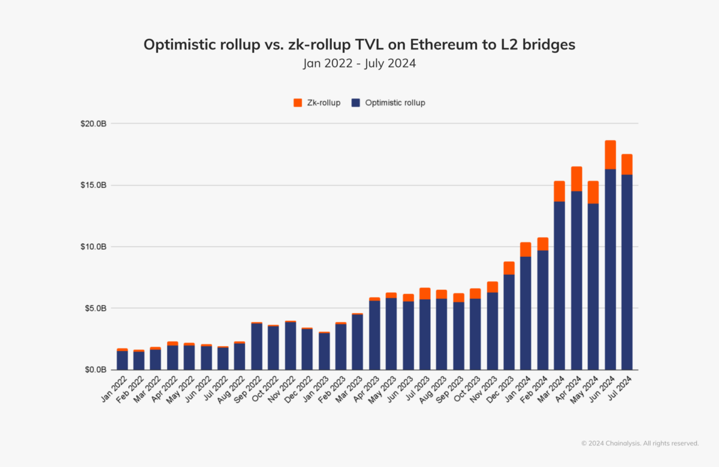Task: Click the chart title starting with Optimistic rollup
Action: [x=359, y=45]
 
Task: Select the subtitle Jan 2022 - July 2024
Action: [x=359, y=63]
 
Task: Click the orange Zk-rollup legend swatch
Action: [x=298, y=103]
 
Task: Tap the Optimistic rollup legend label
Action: [x=395, y=103]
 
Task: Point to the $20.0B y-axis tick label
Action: [x=93, y=124]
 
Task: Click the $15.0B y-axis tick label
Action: [x=93, y=186]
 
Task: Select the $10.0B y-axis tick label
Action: [x=93, y=247]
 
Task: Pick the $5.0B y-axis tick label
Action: [x=95, y=309]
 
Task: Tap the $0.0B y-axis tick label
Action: [x=95, y=371]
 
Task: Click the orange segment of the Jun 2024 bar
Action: [x=610, y=155]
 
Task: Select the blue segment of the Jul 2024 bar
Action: [x=627, y=272]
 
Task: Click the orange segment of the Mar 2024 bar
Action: [x=560, y=191]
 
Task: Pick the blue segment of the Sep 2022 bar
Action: [x=257, y=347]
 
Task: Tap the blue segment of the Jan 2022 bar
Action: [x=122, y=360]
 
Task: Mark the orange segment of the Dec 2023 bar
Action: [x=509, y=268]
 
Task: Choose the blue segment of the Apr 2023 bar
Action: [x=374, y=335]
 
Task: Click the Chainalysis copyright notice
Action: [x=640, y=444]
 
